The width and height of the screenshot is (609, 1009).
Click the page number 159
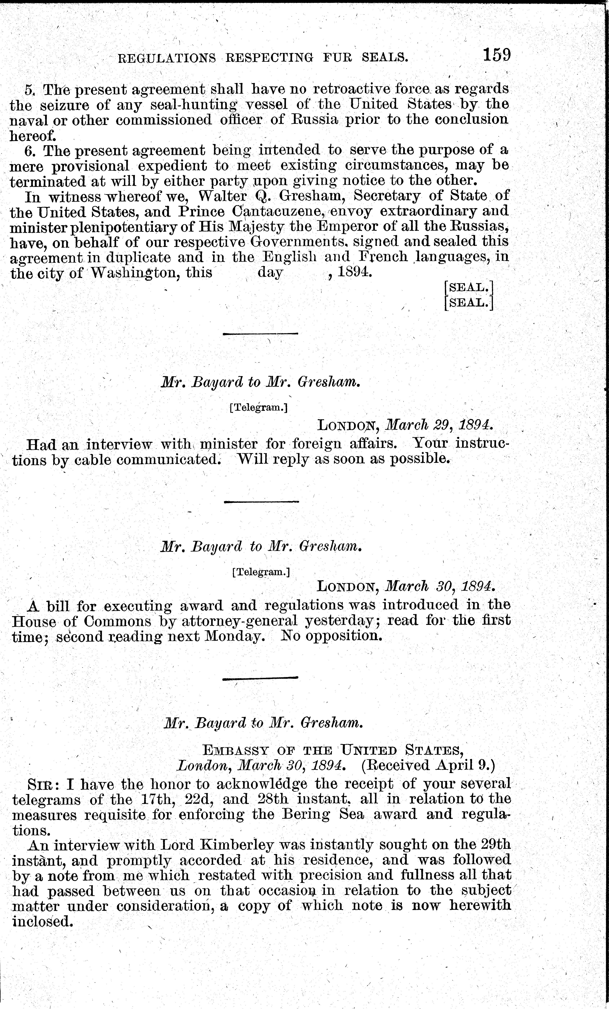point(496,55)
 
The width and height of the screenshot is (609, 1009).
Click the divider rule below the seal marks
point(260,334)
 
